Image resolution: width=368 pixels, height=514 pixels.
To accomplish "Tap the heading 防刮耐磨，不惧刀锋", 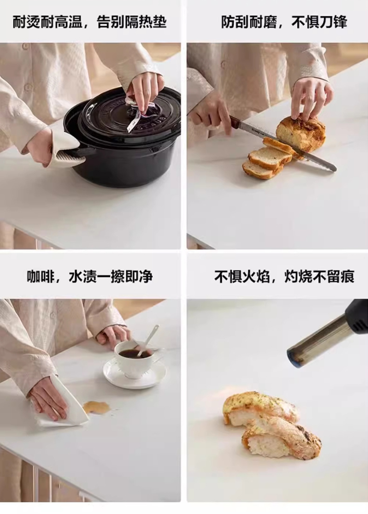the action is point(284,22).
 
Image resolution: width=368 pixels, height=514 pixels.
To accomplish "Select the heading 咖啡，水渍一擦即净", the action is point(90,277).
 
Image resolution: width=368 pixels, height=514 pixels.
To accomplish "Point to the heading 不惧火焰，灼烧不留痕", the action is point(284,277).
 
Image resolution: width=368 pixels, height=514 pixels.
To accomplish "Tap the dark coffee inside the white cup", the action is point(135,353).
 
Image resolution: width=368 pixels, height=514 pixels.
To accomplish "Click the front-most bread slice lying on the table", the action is point(259,169).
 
